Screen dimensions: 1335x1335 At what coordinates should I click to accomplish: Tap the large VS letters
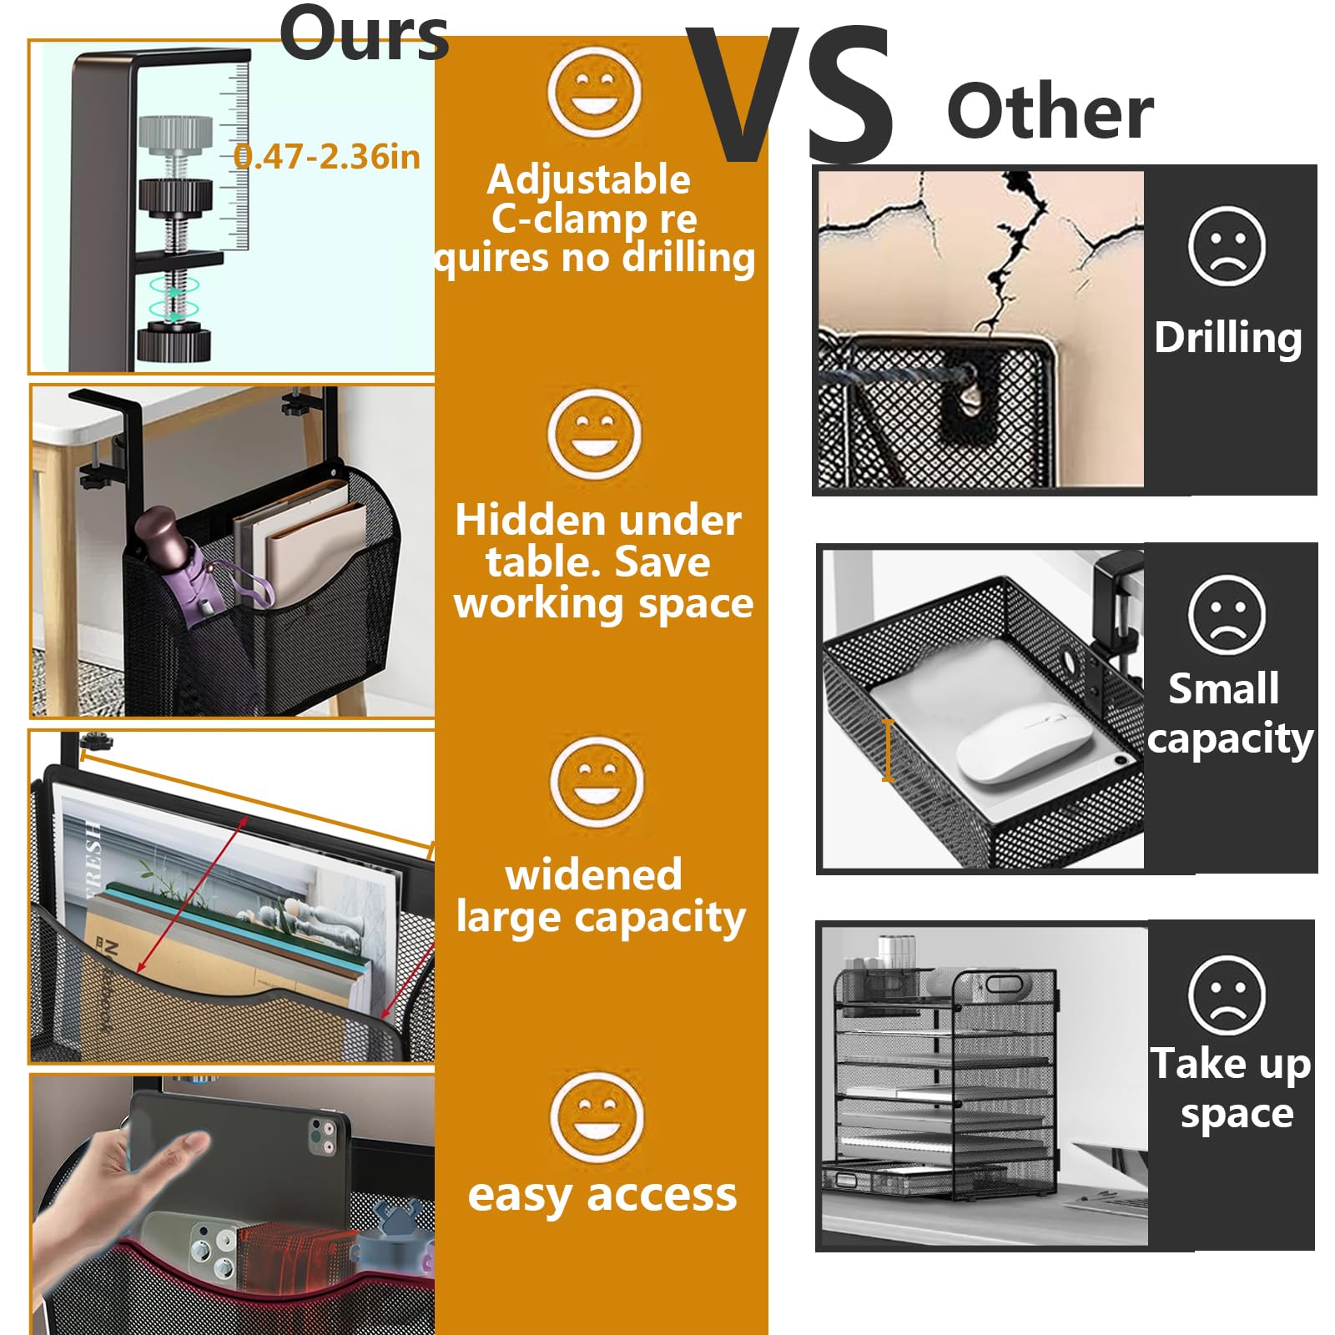pyautogui.click(x=788, y=96)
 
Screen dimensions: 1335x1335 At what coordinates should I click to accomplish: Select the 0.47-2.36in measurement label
pyautogui.click(x=327, y=157)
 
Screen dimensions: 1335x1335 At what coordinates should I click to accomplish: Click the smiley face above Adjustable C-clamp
pyautogui.click(x=594, y=92)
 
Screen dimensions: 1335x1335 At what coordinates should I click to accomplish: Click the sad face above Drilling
pyautogui.click(x=1227, y=247)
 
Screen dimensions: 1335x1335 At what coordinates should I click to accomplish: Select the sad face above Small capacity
pyautogui.click(x=1227, y=614)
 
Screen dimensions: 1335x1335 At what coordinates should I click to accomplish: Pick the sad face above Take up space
pyautogui.click(x=1227, y=995)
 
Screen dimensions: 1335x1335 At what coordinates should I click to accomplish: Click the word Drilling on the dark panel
pyautogui.click(x=1228, y=338)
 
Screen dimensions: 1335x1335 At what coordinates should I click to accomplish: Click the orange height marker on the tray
pyautogui.click(x=888, y=751)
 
